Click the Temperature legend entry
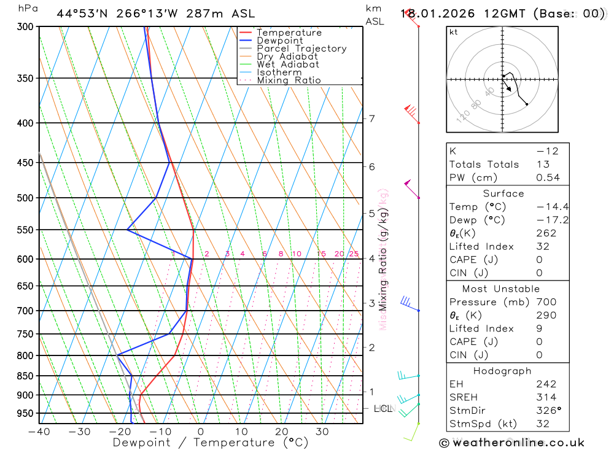tap(289, 33)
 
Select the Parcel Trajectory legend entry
tap(301, 48)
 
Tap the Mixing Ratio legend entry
tap(289, 80)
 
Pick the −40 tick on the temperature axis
tap(39, 432)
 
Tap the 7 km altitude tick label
tap(371, 118)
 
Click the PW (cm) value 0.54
tap(548, 177)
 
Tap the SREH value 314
tap(546, 397)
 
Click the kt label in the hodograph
tap(454, 32)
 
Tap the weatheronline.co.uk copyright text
tap(511, 443)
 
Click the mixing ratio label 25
tap(354, 254)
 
